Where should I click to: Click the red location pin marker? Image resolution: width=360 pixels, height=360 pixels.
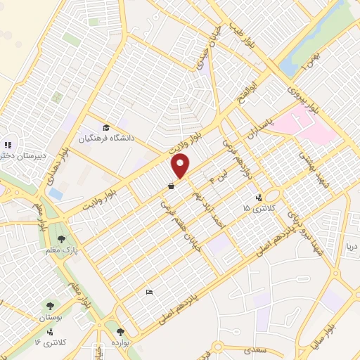pyautogui.click(x=181, y=167)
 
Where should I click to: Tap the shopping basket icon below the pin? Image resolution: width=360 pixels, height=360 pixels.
pyautogui.click(x=172, y=187)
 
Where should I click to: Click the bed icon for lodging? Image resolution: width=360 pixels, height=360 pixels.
pyautogui.click(x=148, y=291)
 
